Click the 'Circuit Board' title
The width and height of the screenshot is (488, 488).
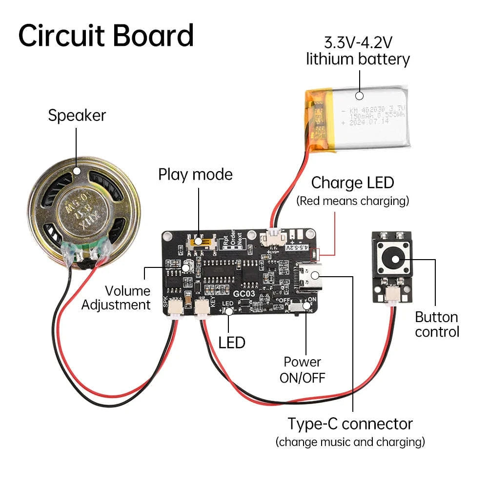pyautogui.click(x=106, y=35)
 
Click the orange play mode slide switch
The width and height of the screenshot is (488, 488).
pyautogui.click(x=199, y=241)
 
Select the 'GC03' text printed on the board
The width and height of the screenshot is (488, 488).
pyautogui.click(x=244, y=294)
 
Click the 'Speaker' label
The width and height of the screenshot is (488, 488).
pyautogui.click(x=77, y=116)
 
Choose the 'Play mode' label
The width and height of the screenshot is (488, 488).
pyautogui.click(x=195, y=174)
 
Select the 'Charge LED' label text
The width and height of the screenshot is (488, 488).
pyautogui.click(x=352, y=183)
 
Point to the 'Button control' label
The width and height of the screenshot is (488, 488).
pyautogui.click(x=437, y=325)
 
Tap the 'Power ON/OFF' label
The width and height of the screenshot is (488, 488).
pyautogui.click(x=303, y=369)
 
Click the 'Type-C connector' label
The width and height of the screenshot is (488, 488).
pyautogui.click(x=350, y=424)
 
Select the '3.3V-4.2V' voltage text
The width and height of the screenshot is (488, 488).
pyautogui.click(x=359, y=42)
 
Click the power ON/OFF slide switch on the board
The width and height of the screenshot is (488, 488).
pyautogui.click(x=300, y=307)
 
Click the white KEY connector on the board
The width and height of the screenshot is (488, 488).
pyautogui.click(x=201, y=308)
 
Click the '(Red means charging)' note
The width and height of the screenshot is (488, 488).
pyautogui.click(x=352, y=201)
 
